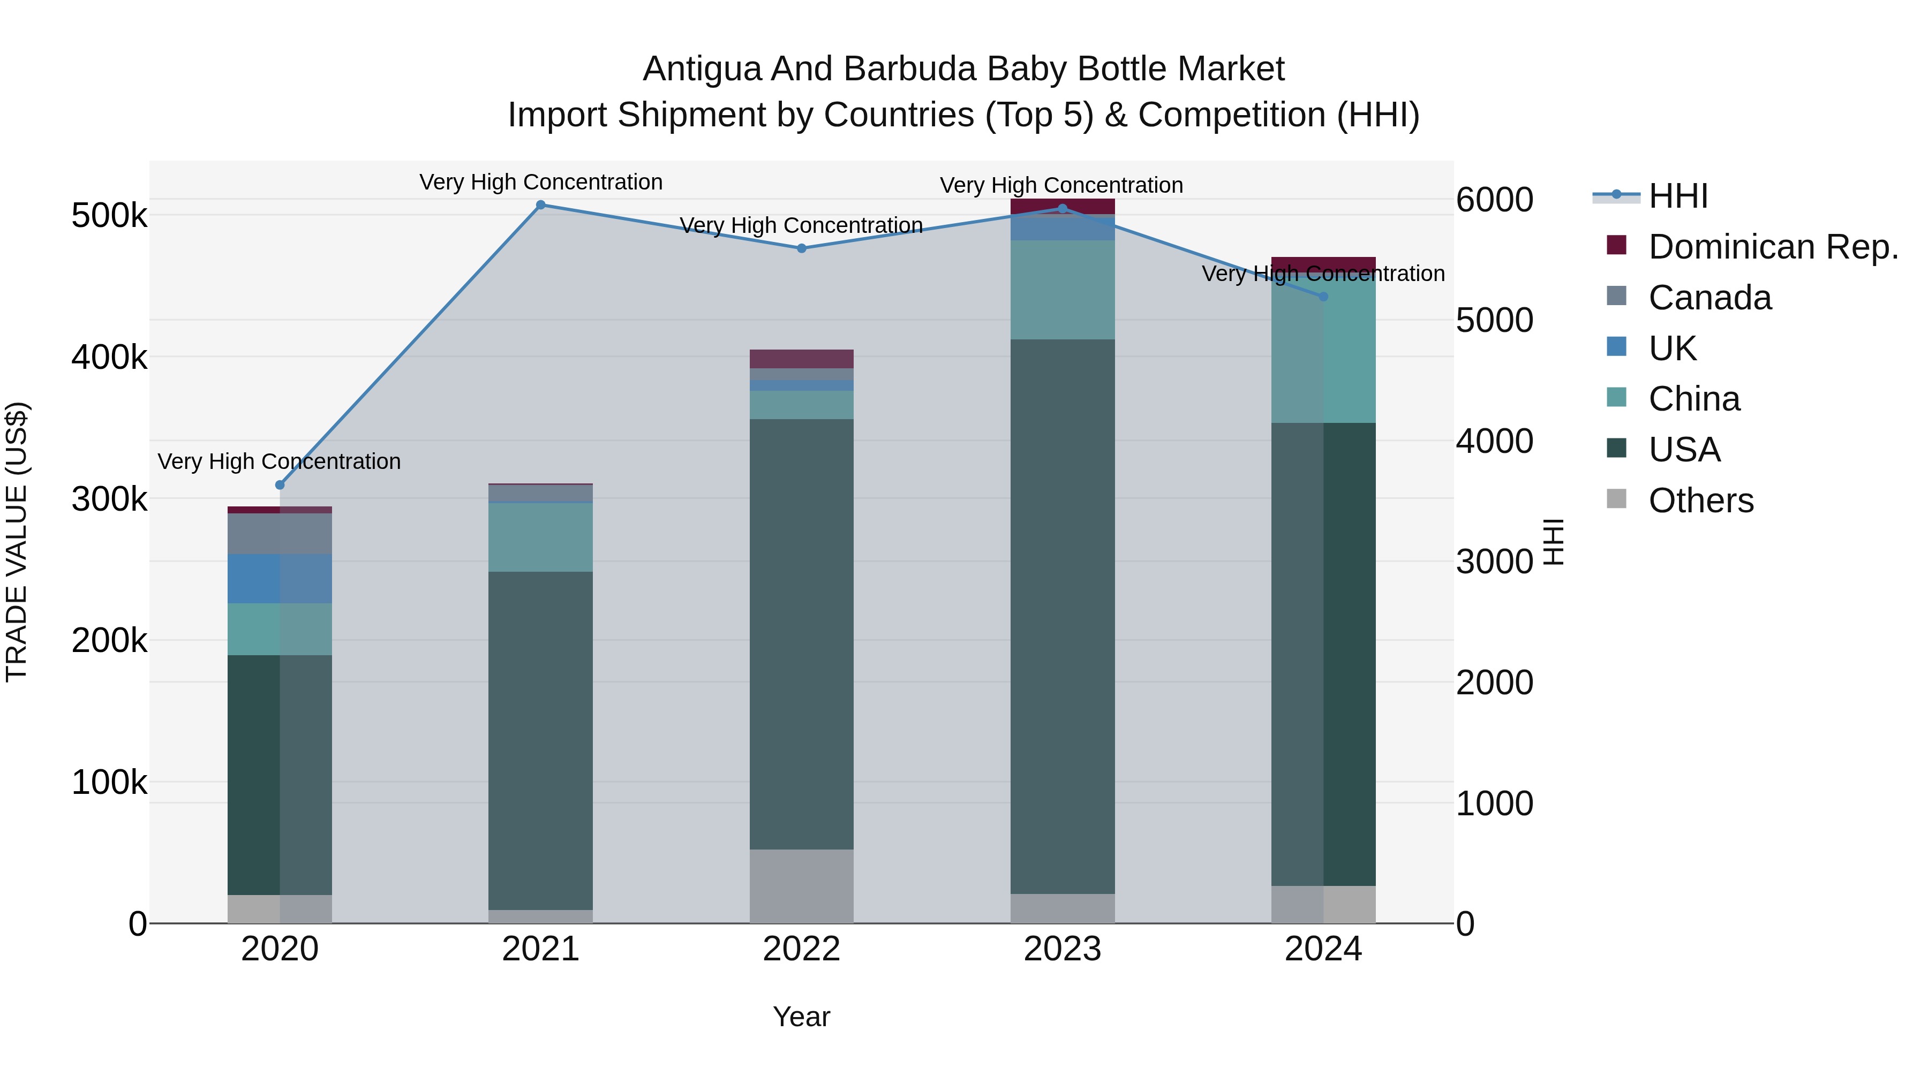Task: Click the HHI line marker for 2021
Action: click(540, 205)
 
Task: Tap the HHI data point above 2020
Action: click(280, 485)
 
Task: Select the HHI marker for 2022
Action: click(802, 248)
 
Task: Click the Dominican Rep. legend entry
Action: click(1772, 247)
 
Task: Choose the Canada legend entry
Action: click(1709, 298)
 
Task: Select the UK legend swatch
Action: click(1617, 347)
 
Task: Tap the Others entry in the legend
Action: click(1700, 501)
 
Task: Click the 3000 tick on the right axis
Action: click(1494, 562)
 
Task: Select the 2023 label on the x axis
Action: click(1062, 949)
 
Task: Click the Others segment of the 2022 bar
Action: click(802, 886)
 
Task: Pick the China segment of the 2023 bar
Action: click(1062, 290)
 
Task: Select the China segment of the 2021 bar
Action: click(540, 537)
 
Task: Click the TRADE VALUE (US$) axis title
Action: click(17, 542)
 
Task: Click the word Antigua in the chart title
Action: click(703, 69)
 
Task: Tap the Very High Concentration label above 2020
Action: click(279, 461)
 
